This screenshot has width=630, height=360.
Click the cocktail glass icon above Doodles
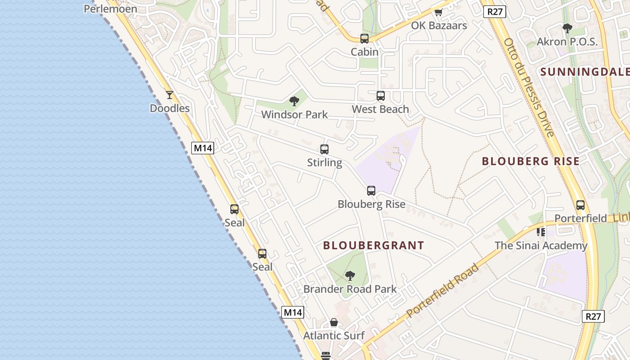pyautogui.click(x=170, y=95)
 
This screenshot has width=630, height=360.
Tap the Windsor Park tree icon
pyautogui.click(x=294, y=101)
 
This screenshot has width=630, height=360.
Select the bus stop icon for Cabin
pyautogui.click(x=364, y=39)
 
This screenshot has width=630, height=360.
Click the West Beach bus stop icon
pyautogui.click(x=381, y=96)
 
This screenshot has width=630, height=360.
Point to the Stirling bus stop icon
pyautogui.click(x=324, y=149)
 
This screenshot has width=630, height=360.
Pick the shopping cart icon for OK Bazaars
pyautogui.click(x=439, y=12)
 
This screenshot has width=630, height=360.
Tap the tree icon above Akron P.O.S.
pyautogui.click(x=567, y=28)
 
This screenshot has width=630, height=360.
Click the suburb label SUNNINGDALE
pyautogui.click(x=585, y=72)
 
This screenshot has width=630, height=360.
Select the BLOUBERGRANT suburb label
pyautogui.click(x=373, y=245)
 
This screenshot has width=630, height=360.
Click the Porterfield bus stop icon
pyautogui.click(x=580, y=205)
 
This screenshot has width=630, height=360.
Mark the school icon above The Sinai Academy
pyautogui.click(x=541, y=232)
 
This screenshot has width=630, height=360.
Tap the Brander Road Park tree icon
pyautogui.click(x=350, y=276)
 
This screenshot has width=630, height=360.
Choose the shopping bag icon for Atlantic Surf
pyautogui.click(x=334, y=322)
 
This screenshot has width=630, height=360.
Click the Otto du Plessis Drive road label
pyautogui.click(x=529, y=88)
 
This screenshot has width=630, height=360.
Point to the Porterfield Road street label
pyautogui.click(x=443, y=291)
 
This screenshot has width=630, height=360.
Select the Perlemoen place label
pyautogui.click(x=110, y=9)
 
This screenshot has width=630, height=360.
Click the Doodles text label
pyautogui.click(x=170, y=108)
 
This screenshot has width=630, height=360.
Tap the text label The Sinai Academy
pyautogui.click(x=541, y=246)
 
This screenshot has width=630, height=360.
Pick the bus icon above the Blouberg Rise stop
pyautogui.click(x=371, y=191)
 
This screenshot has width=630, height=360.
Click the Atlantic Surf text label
pyautogui.click(x=334, y=336)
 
